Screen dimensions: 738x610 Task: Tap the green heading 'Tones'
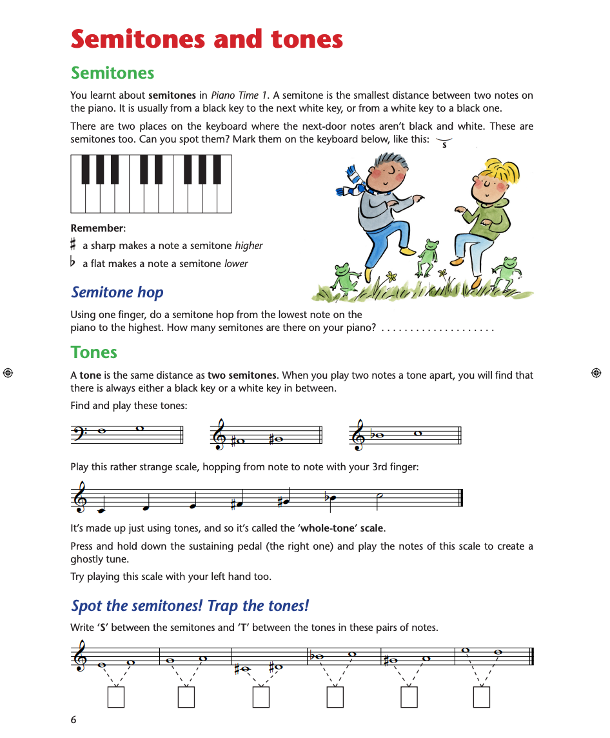click(x=94, y=352)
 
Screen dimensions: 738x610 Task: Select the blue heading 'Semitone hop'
click(x=117, y=292)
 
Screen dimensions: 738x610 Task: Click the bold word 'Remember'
click(x=96, y=228)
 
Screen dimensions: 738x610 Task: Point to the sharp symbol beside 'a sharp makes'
click(x=74, y=245)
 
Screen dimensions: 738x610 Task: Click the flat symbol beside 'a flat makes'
click(x=74, y=263)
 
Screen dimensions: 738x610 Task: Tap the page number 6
click(x=74, y=719)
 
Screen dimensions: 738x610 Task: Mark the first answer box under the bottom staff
click(x=116, y=697)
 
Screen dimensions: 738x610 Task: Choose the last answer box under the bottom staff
click(x=481, y=697)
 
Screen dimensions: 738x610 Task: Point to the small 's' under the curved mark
click(x=444, y=145)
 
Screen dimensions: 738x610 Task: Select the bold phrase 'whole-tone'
click(x=326, y=528)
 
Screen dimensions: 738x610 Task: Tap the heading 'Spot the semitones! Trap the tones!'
click(x=190, y=606)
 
